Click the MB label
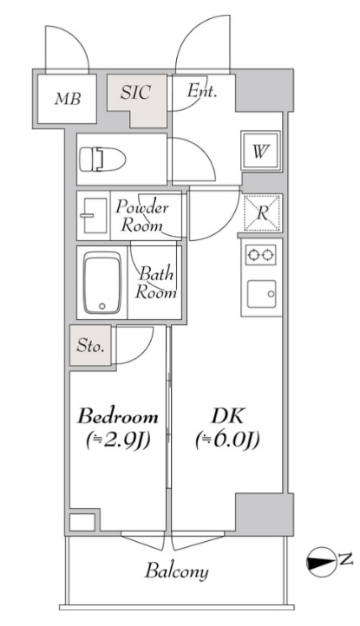[68, 99]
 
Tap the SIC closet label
[136, 92]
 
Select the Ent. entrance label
[202, 91]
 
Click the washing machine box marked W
[260, 151]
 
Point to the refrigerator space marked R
[262, 212]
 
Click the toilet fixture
[102, 159]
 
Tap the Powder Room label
[142, 217]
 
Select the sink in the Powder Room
[95, 215]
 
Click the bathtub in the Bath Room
[102, 283]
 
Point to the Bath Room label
[156, 284]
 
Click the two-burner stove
[260, 255]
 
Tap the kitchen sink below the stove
[261, 294]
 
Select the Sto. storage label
[91, 346]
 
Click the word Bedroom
[118, 417]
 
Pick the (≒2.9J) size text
[118, 440]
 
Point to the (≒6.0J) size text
[228, 440]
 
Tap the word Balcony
[177, 571]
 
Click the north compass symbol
[321, 561]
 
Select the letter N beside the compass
[346, 560]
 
